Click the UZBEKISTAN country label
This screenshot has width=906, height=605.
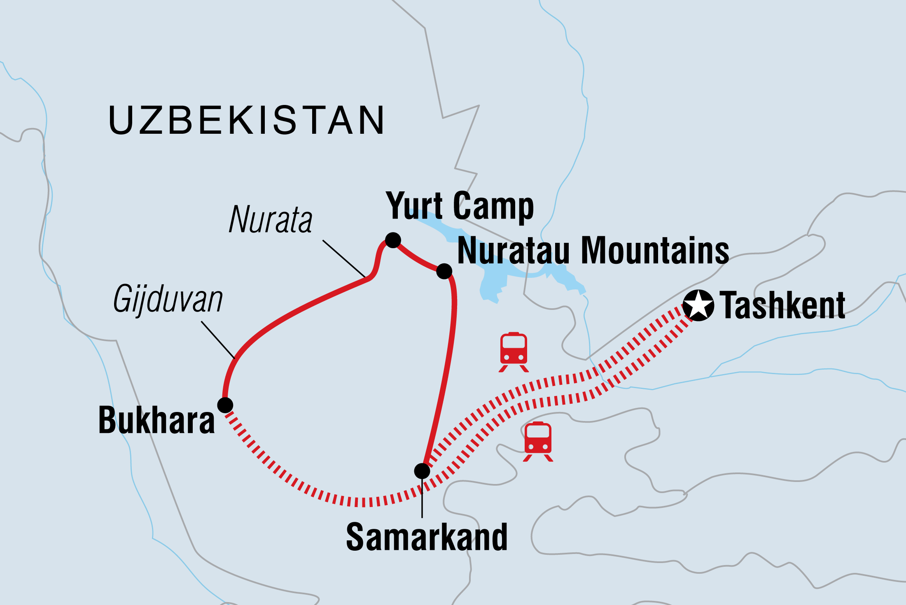[246, 120]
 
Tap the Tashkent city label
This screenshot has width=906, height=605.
[782, 305]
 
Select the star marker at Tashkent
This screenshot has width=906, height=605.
[698, 305]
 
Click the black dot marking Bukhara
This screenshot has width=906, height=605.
[225, 405]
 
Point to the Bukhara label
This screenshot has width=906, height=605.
[156, 421]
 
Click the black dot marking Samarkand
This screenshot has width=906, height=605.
[422, 471]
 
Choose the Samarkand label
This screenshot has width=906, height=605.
[427, 538]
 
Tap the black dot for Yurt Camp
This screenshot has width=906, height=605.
[393, 240]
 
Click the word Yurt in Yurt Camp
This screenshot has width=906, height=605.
[414, 206]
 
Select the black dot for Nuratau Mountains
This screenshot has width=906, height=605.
[444, 271]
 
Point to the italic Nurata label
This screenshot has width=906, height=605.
[271, 220]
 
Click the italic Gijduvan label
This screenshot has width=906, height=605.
[168, 300]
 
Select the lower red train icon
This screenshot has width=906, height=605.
[538, 441]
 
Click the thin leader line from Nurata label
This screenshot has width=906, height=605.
[344, 258]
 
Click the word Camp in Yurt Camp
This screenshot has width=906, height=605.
[493, 207]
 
